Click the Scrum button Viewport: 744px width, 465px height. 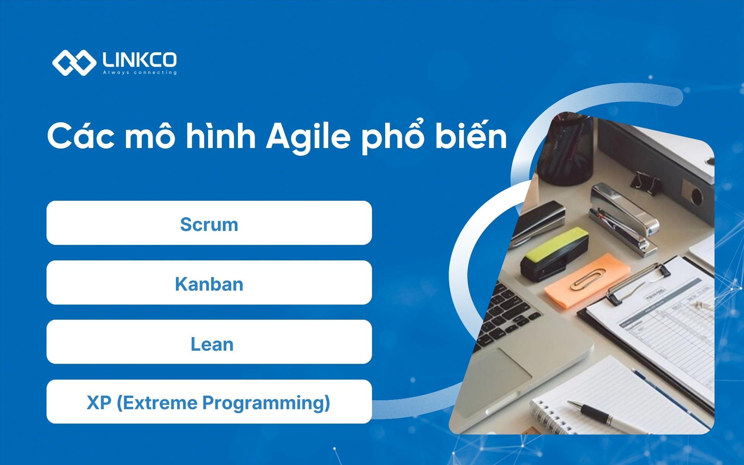(209, 223)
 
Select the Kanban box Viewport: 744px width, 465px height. (209, 282)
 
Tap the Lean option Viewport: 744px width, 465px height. (209, 342)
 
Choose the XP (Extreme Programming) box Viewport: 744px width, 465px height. (209, 402)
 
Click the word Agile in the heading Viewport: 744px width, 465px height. (308, 136)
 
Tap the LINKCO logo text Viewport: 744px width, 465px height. (139, 60)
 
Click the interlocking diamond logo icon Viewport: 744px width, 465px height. (74, 62)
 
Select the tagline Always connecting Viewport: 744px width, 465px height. (139, 72)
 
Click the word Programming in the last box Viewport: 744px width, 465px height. (266, 403)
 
